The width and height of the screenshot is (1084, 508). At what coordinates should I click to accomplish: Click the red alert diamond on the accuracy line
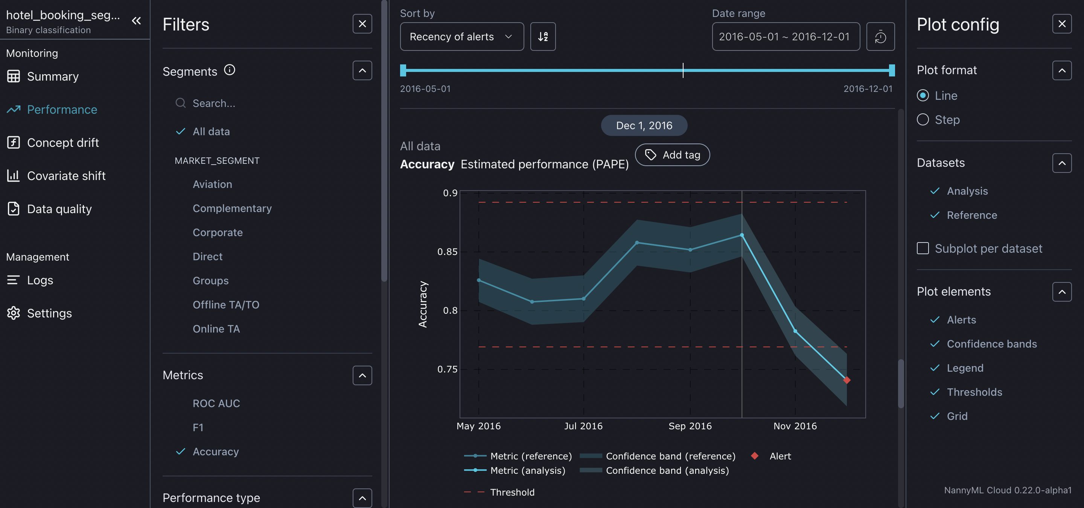pyautogui.click(x=846, y=380)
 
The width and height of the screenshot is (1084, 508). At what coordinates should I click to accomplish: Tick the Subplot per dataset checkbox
pyautogui.click(x=923, y=248)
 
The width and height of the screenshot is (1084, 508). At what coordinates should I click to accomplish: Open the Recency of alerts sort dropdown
pyautogui.click(x=461, y=37)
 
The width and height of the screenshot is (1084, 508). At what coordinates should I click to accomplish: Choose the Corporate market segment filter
pyautogui.click(x=218, y=232)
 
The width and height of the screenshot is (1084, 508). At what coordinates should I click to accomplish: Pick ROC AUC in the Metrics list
pyautogui.click(x=216, y=403)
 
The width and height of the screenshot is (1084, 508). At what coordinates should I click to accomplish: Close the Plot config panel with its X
pyautogui.click(x=1062, y=24)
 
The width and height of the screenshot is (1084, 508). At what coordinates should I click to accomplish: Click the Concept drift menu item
pyautogui.click(x=63, y=143)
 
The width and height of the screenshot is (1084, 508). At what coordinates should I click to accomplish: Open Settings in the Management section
pyautogui.click(x=49, y=313)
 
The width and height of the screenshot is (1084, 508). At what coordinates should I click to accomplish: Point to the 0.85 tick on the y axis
pyautogui.click(x=447, y=252)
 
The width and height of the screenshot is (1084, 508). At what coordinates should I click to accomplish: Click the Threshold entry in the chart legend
pyautogui.click(x=512, y=492)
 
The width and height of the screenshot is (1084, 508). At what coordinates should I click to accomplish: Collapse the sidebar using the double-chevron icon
pyautogui.click(x=136, y=21)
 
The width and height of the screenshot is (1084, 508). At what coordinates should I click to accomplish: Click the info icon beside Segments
pyautogui.click(x=229, y=70)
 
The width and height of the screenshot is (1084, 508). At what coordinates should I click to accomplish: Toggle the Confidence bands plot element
pyautogui.click(x=991, y=344)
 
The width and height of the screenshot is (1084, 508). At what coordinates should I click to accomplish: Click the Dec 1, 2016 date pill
pyautogui.click(x=644, y=125)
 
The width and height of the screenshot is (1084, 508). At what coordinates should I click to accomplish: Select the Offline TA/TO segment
pyautogui.click(x=225, y=305)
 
